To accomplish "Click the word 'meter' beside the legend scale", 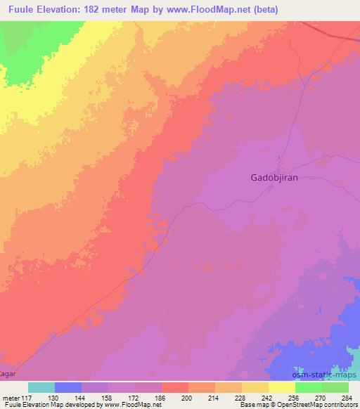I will (12, 396).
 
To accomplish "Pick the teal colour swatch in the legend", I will (41, 387).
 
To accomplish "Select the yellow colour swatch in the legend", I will (282, 387).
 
